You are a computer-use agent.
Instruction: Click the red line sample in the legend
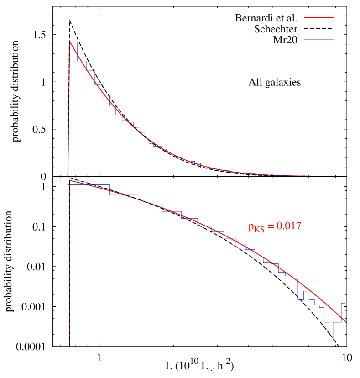[x=318, y=18]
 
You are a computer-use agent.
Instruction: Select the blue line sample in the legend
[x=318, y=40]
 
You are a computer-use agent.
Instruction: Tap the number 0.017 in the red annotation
[x=287, y=226]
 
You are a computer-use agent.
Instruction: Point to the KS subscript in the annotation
[x=259, y=230]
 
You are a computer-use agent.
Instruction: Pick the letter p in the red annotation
[x=251, y=227]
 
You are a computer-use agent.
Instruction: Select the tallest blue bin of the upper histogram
[x=73, y=42]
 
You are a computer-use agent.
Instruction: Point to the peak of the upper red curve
[x=70, y=42]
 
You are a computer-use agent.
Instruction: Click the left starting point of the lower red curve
[x=70, y=180]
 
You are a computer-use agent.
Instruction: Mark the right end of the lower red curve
[x=346, y=322]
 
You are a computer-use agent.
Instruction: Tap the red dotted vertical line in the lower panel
[x=69, y=274]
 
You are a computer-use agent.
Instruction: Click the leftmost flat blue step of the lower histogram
[x=89, y=184]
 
